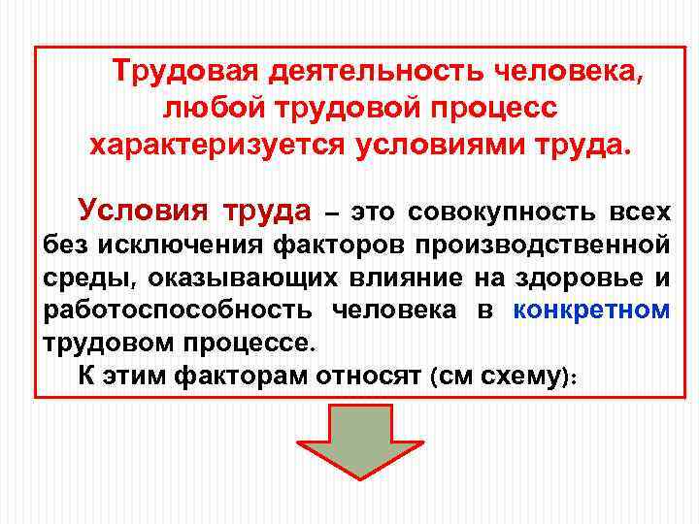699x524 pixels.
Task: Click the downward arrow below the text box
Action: (359, 436)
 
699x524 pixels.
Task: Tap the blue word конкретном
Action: (591, 311)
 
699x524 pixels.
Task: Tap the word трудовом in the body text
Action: (110, 344)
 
